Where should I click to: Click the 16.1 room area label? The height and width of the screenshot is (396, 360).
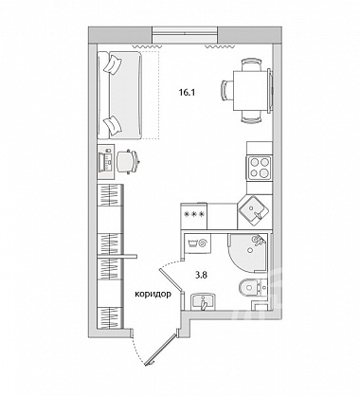coord(188,93)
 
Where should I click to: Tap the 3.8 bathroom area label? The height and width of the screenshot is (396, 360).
coord(201,275)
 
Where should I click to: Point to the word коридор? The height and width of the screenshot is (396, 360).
coord(153,295)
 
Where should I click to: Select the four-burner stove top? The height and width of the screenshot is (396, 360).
coord(260,168)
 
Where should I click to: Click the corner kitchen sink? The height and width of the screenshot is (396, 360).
coord(254,211)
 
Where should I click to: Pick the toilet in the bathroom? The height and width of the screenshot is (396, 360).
coord(252,287)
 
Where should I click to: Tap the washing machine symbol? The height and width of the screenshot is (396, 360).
coord(198,243)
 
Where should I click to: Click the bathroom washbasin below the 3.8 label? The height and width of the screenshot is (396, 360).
coord(203,301)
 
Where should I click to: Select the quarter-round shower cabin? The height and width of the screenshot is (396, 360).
coord(248,253)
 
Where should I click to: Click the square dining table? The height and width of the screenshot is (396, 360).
coord(251,91)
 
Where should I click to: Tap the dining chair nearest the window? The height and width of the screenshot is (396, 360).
coord(251,64)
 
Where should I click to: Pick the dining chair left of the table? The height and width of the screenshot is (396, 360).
coord(227,90)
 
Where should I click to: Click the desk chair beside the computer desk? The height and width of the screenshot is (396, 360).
coord(128,161)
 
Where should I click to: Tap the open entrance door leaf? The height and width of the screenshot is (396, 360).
coord(160,350)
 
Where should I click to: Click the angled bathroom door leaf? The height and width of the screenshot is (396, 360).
coord(171,279)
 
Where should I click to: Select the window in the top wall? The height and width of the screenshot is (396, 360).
coord(185,35)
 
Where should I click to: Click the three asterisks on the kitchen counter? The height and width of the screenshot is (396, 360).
coord(193,214)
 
